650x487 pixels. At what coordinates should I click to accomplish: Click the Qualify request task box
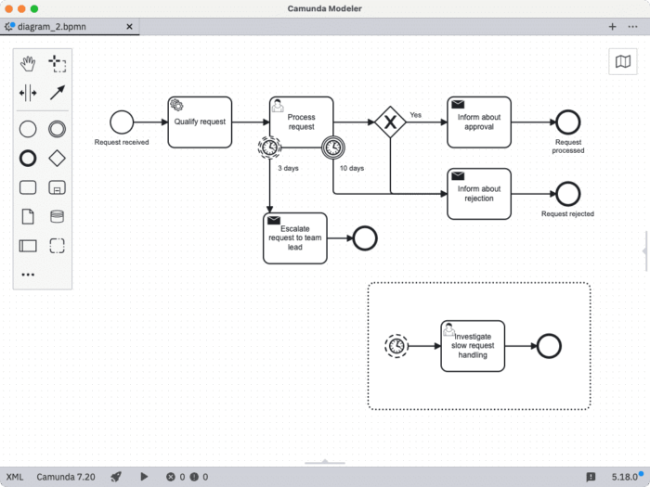200,122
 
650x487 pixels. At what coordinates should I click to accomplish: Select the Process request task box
301,122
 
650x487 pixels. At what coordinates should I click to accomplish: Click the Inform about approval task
478,122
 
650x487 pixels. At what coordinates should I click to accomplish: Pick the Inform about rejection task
478,194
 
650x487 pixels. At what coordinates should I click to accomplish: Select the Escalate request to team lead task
294,238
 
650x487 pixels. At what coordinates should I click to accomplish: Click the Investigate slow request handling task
472,345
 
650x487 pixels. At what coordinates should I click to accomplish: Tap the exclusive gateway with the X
391,122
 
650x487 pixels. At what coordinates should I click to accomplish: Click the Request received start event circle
122,122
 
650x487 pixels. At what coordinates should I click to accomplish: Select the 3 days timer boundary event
269,147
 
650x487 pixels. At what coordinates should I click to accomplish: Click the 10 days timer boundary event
333,147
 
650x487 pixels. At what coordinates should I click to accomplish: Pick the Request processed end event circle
567,122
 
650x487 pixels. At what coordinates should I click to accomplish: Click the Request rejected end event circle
567,194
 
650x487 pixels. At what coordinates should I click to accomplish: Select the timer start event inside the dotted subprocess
396,345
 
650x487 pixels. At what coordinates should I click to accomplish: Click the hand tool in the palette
28,63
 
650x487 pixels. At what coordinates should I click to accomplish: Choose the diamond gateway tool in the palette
57,158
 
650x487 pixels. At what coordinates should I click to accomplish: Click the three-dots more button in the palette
28,275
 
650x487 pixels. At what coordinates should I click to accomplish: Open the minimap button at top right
622,61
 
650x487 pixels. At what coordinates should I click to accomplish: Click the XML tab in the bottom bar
15,477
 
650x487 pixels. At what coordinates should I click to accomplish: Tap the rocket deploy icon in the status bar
116,477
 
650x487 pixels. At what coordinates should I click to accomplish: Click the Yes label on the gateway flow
415,115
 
